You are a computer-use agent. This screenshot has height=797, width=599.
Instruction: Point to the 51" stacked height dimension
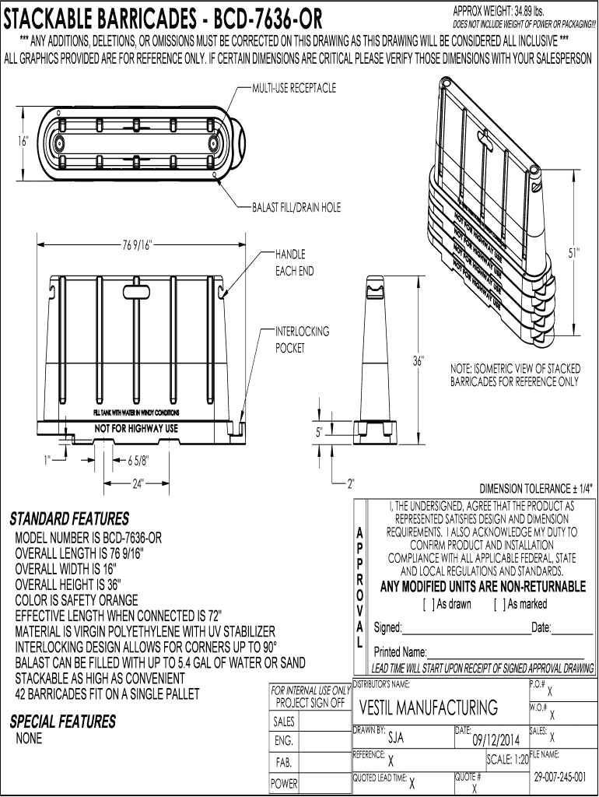click(x=573, y=252)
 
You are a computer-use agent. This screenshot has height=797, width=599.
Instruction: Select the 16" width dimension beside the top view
click(x=23, y=141)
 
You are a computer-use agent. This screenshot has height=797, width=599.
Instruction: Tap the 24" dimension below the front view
click(x=138, y=483)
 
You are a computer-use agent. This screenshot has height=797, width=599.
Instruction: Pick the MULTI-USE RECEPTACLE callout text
click(x=293, y=88)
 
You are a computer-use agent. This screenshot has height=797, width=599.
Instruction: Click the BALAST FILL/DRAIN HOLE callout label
click(x=296, y=208)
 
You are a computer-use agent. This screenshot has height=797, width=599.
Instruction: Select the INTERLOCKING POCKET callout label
click(x=302, y=339)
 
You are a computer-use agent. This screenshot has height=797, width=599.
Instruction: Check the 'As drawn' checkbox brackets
click(x=427, y=604)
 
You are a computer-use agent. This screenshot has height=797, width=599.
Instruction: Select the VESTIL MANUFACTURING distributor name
click(x=429, y=707)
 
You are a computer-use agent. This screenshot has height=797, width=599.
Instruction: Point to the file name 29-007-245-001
click(x=561, y=778)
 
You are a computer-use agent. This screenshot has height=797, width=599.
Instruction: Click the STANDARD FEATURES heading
click(x=69, y=519)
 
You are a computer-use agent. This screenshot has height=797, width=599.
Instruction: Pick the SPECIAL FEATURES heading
click(x=62, y=722)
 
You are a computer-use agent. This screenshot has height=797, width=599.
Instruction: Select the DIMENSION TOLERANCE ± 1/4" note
click(x=537, y=489)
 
